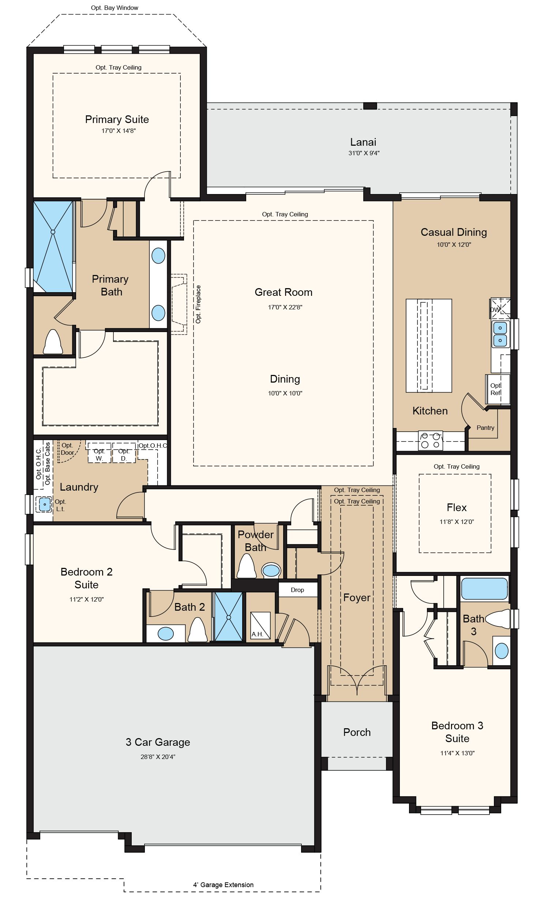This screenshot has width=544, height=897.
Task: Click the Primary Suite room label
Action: pyautogui.click(x=117, y=119)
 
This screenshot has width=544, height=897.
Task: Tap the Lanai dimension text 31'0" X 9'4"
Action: pyautogui.click(x=364, y=153)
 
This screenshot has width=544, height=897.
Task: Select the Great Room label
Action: pyautogui.click(x=284, y=292)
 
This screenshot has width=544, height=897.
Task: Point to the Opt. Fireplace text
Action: pyautogui.click(x=198, y=304)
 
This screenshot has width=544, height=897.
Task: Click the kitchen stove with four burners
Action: pyautogui.click(x=430, y=440)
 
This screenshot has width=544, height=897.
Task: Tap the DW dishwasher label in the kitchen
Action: pyautogui.click(x=495, y=310)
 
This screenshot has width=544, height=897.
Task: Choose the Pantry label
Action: pyautogui.click(x=485, y=428)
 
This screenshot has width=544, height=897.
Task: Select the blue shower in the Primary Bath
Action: pyautogui.click(x=53, y=246)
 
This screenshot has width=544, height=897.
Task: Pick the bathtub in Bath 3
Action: pyautogui.click(x=484, y=588)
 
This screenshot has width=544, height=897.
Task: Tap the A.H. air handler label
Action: pyautogui.click(x=257, y=634)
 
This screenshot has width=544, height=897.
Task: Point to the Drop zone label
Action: pyautogui.click(x=297, y=590)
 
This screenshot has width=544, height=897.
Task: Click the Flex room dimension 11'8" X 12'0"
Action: pyautogui.click(x=457, y=522)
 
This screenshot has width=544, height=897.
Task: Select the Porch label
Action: pyautogui.click(x=357, y=732)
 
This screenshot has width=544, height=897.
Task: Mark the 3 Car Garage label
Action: pyautogui.click(x=158, y=742)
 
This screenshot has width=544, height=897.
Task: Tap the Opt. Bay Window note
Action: pyautogui.click(x=115, y=8)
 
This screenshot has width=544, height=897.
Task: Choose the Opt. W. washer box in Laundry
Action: pyautogui.click(x=99, y=455)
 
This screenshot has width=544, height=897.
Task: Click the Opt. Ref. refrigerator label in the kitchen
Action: pyautogui.click(x=496, y=389)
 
